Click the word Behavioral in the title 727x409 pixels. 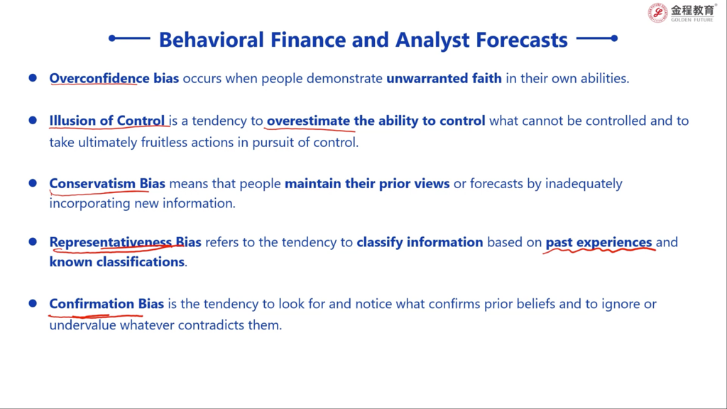coord(212,40)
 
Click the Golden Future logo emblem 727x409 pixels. coord(657,13)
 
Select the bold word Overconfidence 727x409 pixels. coord(99,78)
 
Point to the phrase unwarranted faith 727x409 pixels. coord(444,78)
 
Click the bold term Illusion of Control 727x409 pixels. coord(107,121)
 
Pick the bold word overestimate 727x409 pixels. coord(308,121)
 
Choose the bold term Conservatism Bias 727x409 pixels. coord(107,184)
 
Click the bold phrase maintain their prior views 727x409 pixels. coord(367,184)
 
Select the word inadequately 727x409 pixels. coord(584,184)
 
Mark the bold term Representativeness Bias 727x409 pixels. coord(125,242)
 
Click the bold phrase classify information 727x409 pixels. coord(420,242)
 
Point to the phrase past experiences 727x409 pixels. coord(598,243)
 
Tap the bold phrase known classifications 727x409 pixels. coord(117,262)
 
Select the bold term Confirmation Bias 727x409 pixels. coord(106,304)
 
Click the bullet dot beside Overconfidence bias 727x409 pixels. coord(33,77)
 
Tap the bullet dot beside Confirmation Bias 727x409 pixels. coord(33,303)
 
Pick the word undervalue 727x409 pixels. coord(82,325)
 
